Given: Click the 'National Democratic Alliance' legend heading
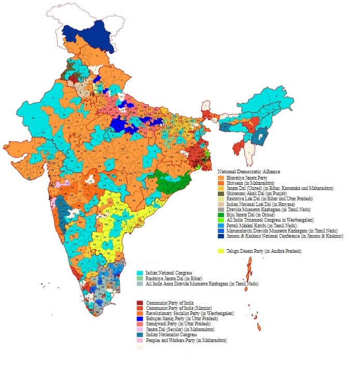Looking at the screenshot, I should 249,171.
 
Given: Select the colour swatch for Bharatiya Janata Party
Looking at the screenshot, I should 220,177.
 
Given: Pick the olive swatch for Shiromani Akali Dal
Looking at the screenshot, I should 220,194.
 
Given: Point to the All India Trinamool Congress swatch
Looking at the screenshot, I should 220,220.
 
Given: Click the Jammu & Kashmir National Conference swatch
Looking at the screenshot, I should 220,236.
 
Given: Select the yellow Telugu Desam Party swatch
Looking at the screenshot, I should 220,251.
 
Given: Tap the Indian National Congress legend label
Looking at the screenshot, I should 169,273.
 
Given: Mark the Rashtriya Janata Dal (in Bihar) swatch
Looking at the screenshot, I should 140,278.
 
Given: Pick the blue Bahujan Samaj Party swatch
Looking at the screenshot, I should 140,319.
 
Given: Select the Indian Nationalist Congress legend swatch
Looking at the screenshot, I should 140,335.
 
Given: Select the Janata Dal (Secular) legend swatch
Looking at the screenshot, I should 140,330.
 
